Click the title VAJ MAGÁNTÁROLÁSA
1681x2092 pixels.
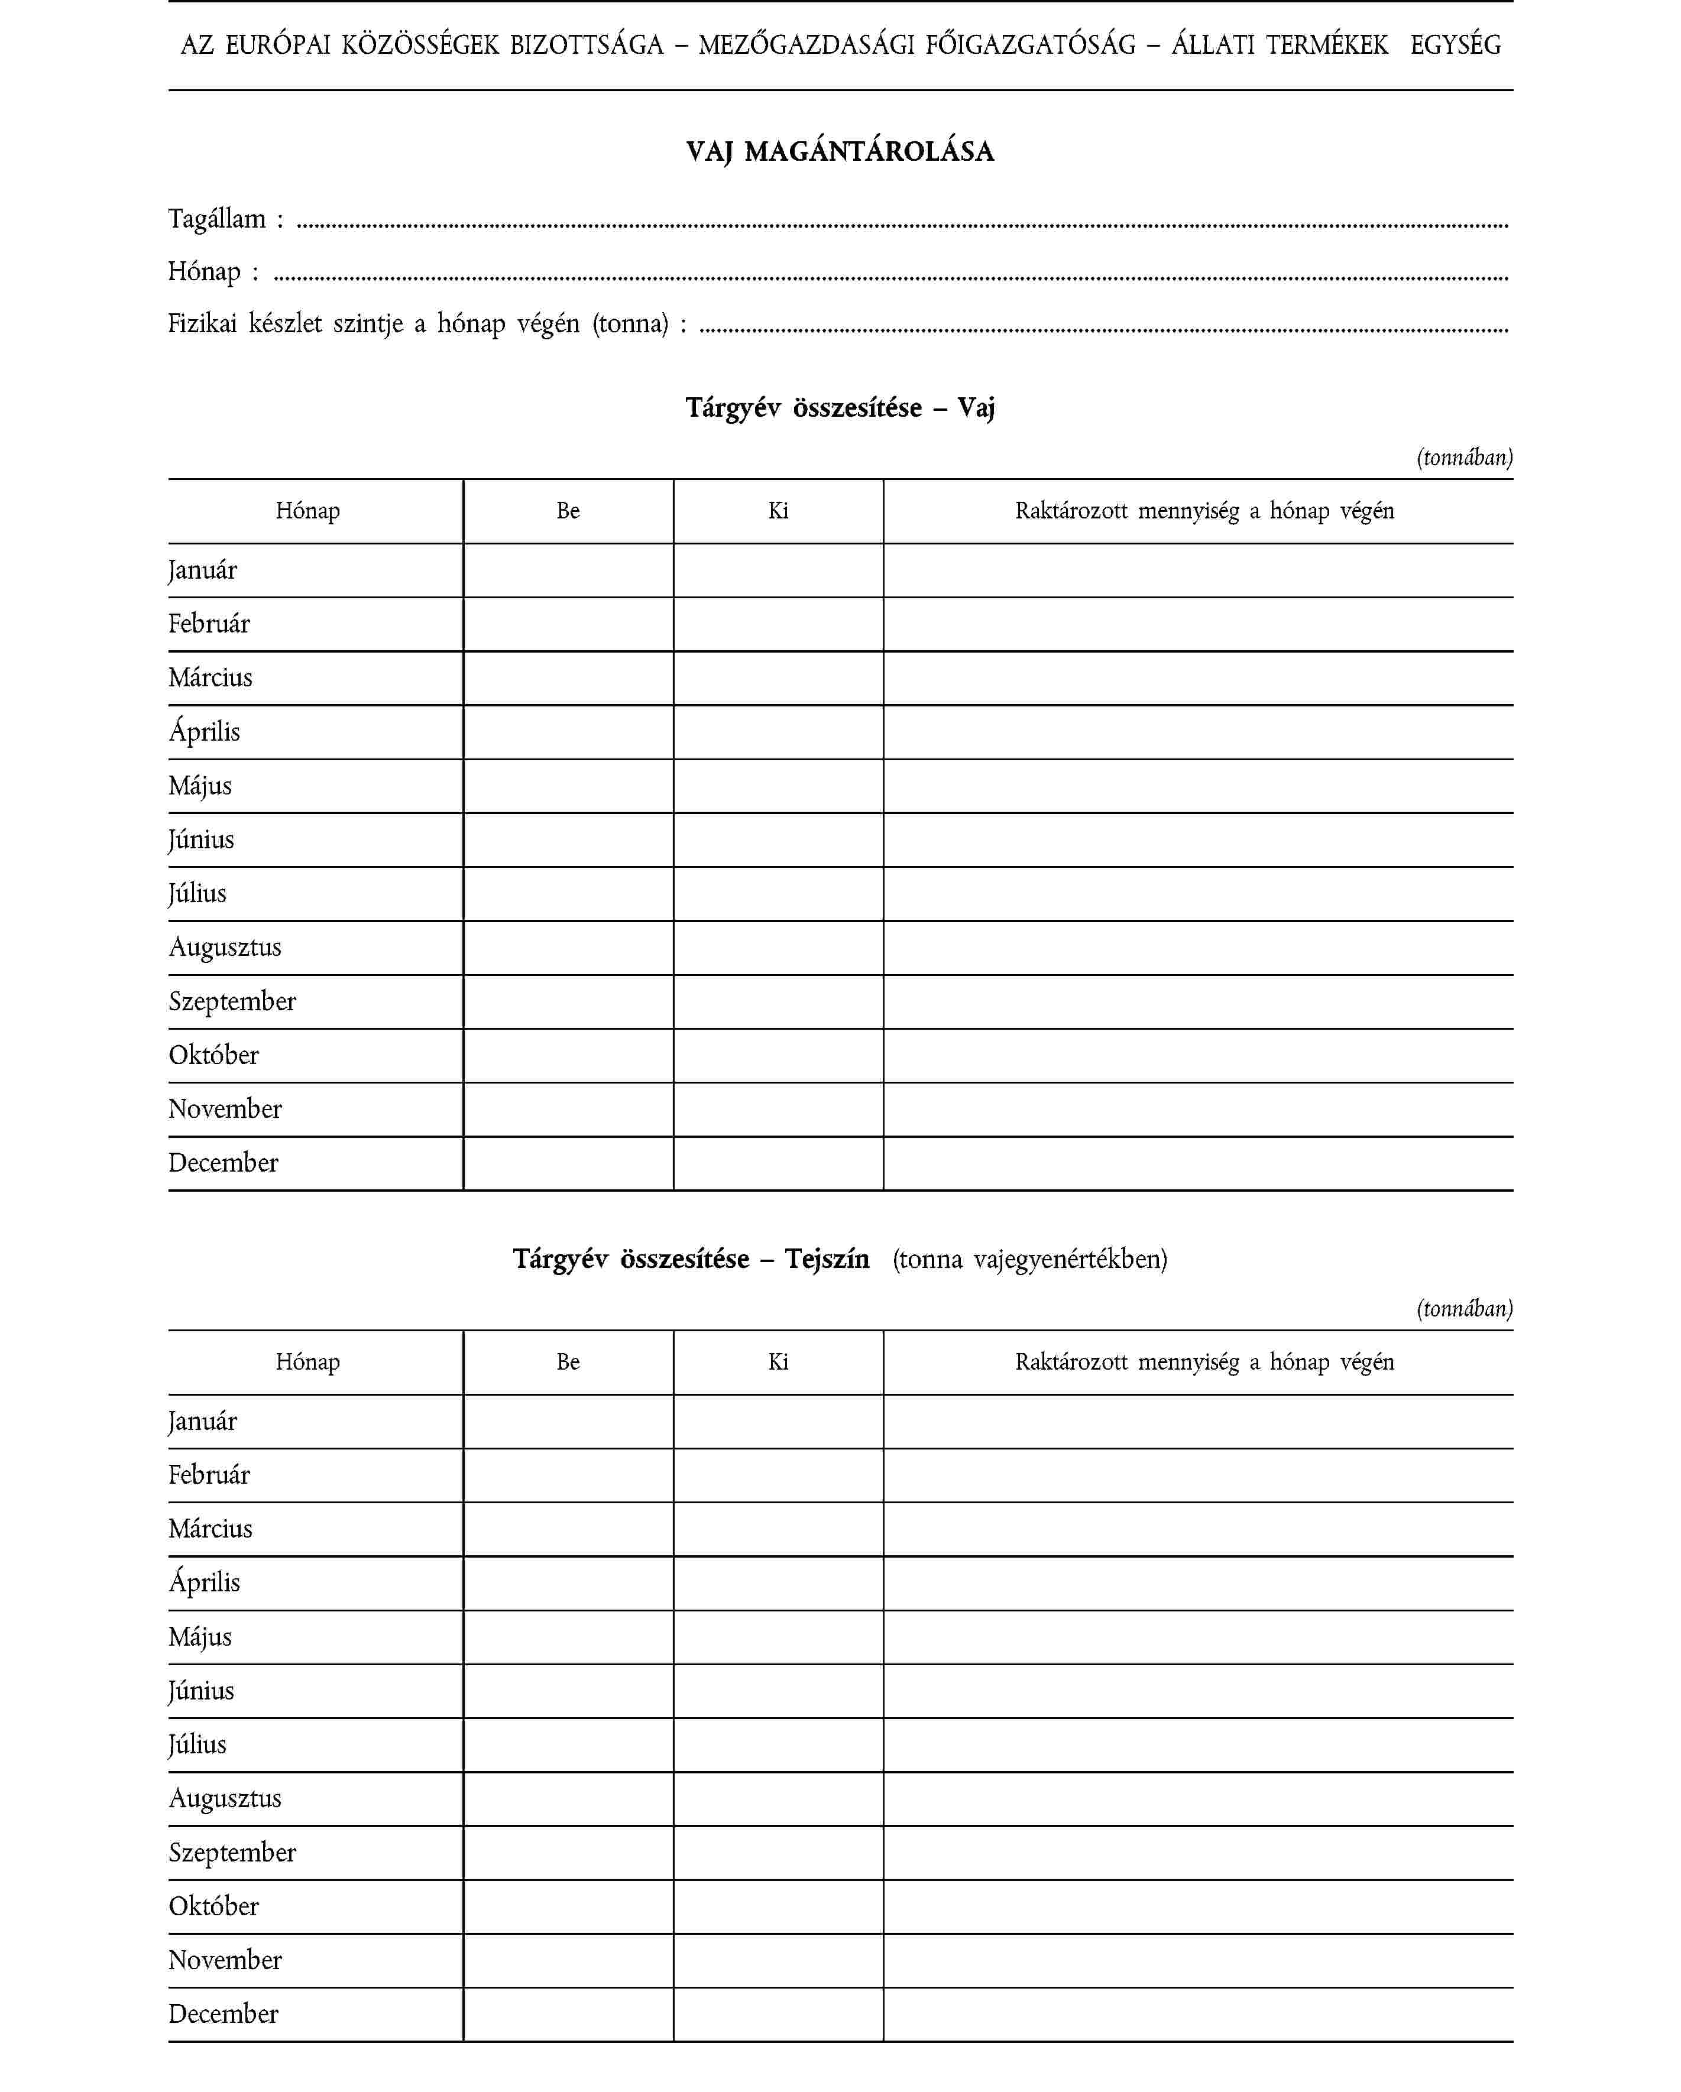840,151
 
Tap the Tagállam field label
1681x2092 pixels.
218,219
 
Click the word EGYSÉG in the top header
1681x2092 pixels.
1455,46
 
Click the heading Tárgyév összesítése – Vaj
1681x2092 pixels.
840,407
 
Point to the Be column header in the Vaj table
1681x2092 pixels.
568,511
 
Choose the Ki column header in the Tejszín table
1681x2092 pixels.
778,1363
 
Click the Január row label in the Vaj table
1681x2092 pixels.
203,570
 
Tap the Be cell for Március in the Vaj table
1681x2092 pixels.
568,678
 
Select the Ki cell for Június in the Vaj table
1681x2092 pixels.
778,841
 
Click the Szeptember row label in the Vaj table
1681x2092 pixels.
232,1001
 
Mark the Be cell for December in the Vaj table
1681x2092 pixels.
568,1163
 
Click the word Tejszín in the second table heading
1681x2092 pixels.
827,1260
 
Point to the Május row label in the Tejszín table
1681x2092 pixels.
200,1638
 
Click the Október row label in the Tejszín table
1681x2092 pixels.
213,1906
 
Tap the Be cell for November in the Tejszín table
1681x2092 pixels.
568,1961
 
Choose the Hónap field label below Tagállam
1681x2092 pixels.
204,272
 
